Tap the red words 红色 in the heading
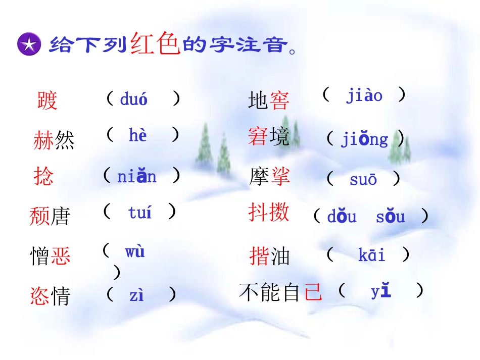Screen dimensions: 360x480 [x=155, y=43]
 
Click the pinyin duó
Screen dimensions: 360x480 [x=134, y=99]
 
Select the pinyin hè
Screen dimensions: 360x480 [x=137, y=135]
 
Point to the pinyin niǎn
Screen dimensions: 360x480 [x=137, y=176]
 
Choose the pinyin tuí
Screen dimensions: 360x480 [x=140, y=213]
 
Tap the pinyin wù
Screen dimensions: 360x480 [x=135, y=251]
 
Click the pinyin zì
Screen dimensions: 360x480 [x=136, y=295]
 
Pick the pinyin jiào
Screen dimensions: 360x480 [x=364, y=95]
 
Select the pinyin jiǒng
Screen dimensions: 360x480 [x=364, y=139]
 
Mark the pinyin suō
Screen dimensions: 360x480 [x=363, y=179]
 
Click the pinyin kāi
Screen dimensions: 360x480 [x=372, y=255]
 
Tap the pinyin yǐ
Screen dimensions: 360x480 [x=381, y=291]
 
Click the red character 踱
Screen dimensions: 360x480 [x=47, y=100]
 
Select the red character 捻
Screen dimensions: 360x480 [x=43, y=177]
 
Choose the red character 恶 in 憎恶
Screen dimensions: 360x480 [x=60, y=256]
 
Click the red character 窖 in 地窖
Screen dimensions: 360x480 [x=279, y=100]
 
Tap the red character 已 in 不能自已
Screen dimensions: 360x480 [x=313, y=292]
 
